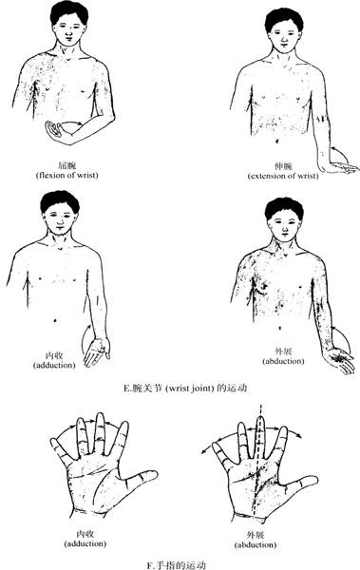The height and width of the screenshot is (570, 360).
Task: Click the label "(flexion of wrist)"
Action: coord(67,175)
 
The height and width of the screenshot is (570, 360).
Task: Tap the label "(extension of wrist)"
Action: coord(283,177)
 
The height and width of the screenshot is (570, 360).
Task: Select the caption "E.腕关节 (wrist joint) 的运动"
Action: coord(185,389)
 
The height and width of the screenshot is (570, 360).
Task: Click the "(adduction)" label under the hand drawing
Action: coord(85,543)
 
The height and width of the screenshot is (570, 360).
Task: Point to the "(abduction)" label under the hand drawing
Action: coord(256,545)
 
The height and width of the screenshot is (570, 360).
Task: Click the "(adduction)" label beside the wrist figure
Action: coord(54,365)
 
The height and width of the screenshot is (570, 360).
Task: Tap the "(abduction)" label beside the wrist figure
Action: coord(283,361)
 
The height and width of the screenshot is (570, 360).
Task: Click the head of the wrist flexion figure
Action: coord(69,23)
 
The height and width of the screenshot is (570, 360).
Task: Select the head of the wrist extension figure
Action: coord(284,29)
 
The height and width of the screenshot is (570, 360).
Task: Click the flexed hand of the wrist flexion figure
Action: coord(58,133)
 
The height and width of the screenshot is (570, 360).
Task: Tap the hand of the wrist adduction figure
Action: coord(96,351)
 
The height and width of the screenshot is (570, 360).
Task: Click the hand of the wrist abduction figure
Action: coord(340,360)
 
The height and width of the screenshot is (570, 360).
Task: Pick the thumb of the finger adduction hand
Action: coord(140,478)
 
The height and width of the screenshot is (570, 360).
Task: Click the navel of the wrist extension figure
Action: coord(277,141)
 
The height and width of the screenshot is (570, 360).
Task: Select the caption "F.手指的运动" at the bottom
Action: coord(177,565)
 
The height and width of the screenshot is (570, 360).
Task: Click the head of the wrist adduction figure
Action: coord(60,213)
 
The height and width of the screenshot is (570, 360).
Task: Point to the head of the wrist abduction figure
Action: coord(284,219)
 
